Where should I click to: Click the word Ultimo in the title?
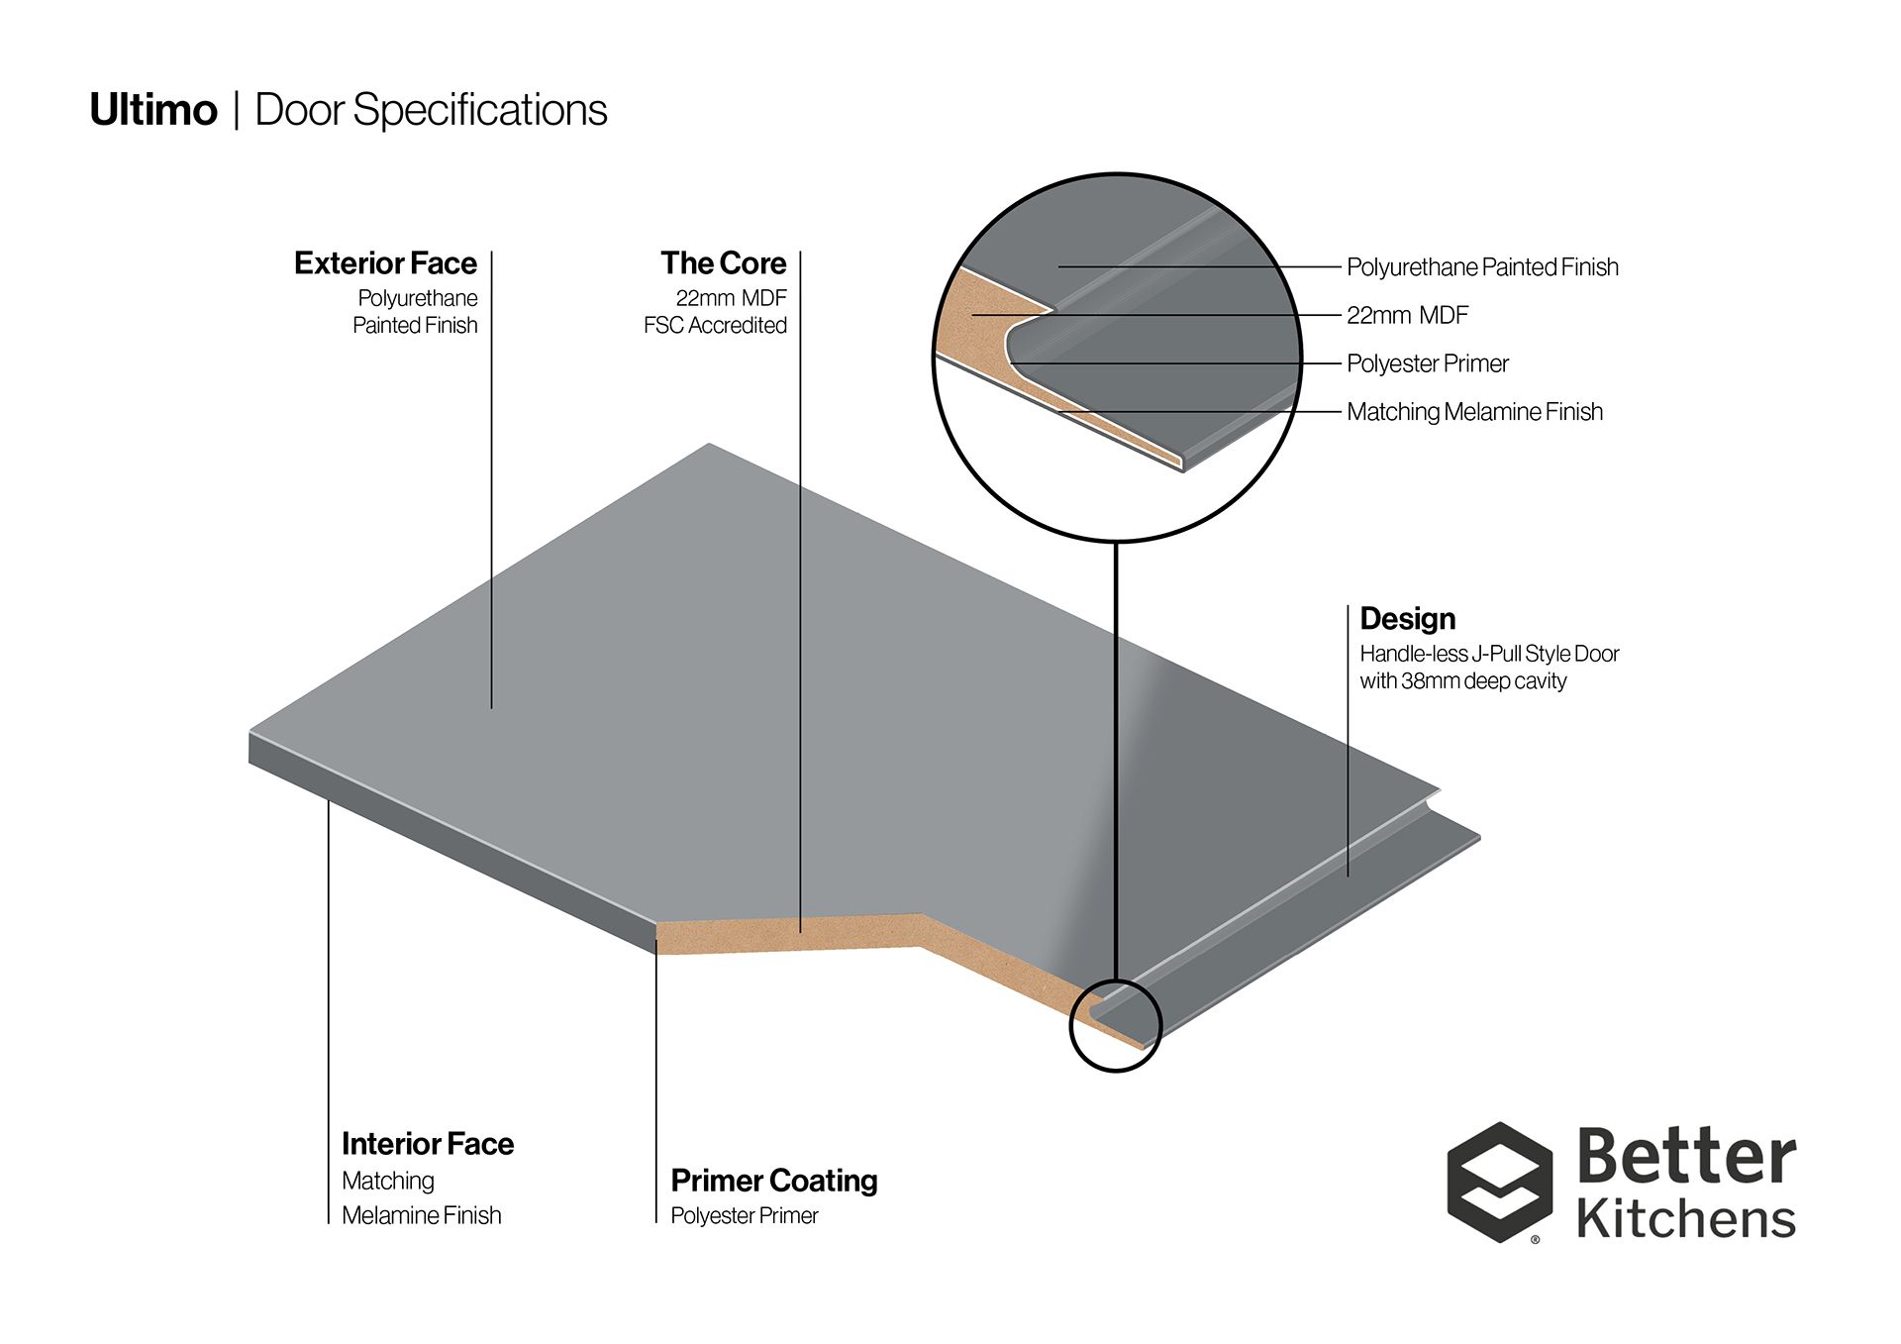point(153,110)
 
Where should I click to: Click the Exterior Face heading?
point(385,263)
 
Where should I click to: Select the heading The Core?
point(723,263)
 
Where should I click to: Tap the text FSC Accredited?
point(715,326)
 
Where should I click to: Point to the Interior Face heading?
point(428,1144)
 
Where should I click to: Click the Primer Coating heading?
point(773,1181)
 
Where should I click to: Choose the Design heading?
point(1407,619)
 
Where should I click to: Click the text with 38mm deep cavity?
point(1462,681)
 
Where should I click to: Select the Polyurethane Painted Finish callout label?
point(1482,267)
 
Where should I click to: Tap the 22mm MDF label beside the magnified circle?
point(1407,316)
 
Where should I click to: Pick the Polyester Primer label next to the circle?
point(1427,363)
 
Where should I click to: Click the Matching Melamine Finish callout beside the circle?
point(1474,412)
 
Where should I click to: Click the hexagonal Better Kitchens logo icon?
point(1499,1182)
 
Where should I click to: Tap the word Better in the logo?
point(1686,1157)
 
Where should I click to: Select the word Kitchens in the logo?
point(1686,1219)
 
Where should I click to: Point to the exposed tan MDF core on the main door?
point(792,934)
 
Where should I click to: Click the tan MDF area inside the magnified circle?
point(980,317)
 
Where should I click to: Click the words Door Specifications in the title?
point(431,110)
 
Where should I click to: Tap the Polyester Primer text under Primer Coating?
point(744,1216)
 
